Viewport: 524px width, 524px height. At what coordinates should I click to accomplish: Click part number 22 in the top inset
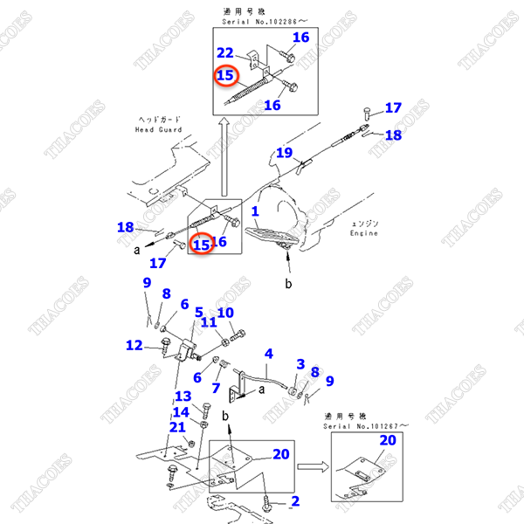click(225, 53)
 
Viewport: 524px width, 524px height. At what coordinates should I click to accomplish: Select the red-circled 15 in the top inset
click(225, 76)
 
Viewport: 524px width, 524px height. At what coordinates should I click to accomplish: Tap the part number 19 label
click(285, 154)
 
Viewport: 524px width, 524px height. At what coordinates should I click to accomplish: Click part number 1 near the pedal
click(255, 211)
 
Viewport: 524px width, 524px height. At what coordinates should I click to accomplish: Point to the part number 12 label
click(134, 345)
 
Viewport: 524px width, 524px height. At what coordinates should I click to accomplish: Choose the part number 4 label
click(269, 354)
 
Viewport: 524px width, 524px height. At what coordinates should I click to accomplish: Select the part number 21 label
click(177, 426)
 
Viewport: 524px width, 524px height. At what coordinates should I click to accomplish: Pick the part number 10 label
click(225, 313)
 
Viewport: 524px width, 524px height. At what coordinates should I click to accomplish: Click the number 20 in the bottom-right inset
click(387, 440)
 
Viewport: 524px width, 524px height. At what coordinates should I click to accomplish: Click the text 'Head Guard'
click(158, 129)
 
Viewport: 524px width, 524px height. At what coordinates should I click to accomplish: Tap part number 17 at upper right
click(393, 108)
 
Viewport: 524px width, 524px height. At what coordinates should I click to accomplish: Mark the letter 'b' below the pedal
click(287, 285)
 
